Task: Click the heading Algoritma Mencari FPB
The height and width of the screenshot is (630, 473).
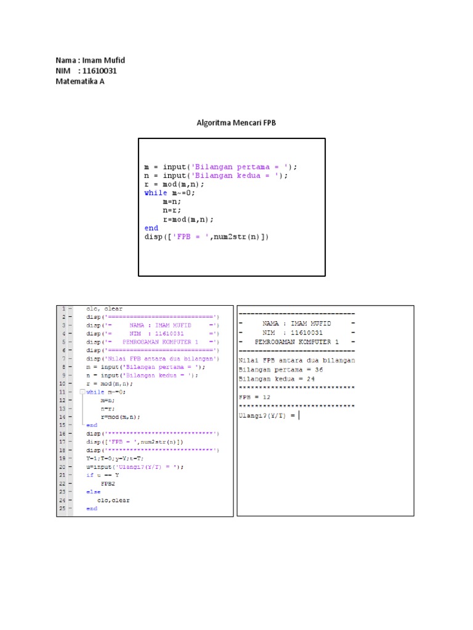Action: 236,123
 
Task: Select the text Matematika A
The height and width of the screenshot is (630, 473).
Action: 80,81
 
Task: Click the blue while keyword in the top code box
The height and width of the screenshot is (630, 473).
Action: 155,193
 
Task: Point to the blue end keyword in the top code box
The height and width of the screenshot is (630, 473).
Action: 151,228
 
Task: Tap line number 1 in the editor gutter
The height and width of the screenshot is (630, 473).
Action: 62,309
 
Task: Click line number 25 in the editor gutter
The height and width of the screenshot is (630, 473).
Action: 62,509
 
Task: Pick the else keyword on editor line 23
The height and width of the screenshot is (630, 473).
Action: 93,492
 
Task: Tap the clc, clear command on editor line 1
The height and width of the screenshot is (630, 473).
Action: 105,309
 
